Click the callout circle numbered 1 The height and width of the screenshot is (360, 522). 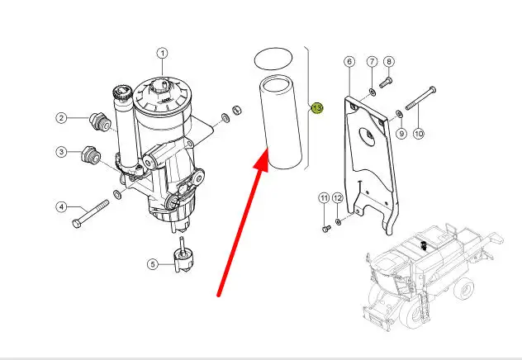click(x=163, y=54)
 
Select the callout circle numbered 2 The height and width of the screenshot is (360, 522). click(x=61, y=118)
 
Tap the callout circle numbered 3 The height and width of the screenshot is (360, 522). click(x=61, y=152)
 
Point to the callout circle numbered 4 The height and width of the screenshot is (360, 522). click(x=61, y=206)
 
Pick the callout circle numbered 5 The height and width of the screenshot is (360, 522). click(x=152, y=264)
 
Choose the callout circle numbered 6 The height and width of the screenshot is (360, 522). click(x=349, y=62)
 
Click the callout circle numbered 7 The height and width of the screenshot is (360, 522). click(x=372, y=62)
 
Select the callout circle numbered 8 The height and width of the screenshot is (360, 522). click(x=389, y=62)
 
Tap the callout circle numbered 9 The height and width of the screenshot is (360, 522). click(x=401, y=133)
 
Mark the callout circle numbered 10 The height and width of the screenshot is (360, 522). click(x=419, y=133)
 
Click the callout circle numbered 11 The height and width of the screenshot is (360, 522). click(x=324, y=198)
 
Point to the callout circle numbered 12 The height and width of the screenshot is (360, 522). click(x=338, y=198)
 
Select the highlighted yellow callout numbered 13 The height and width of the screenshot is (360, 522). click(x=316, y=107)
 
